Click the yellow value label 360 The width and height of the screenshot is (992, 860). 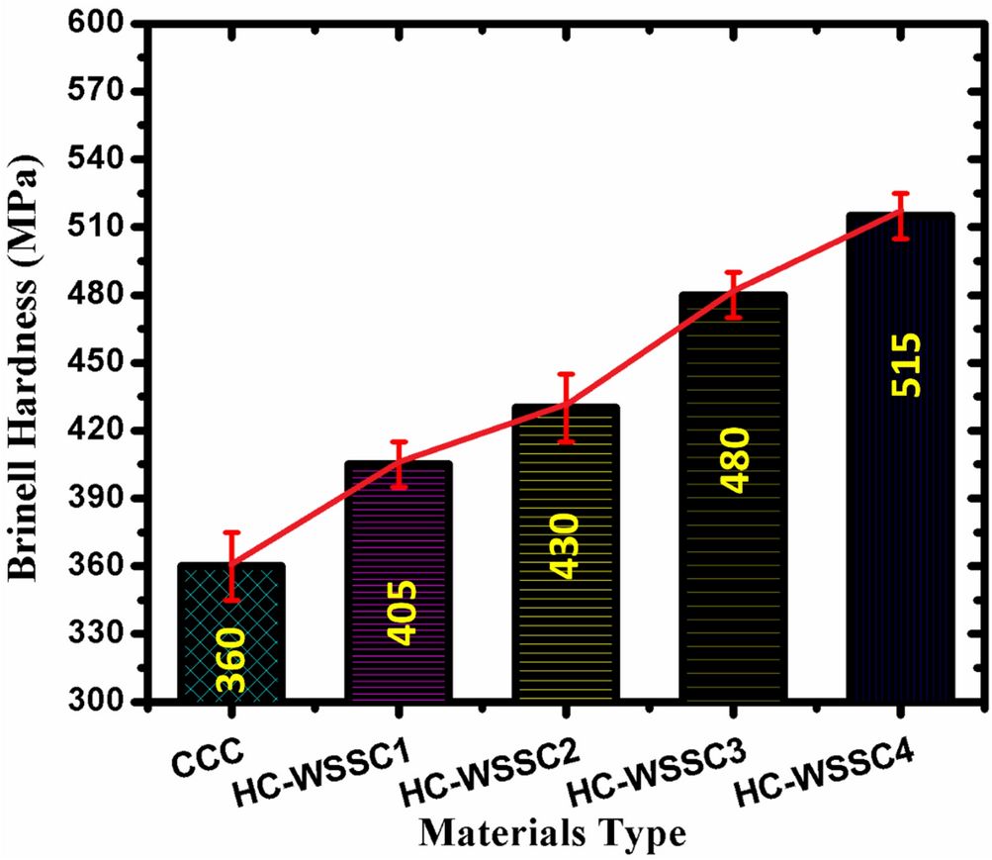click(231, 662)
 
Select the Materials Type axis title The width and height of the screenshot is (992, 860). click(551, 832)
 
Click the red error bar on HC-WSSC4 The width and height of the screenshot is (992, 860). click(900, 216)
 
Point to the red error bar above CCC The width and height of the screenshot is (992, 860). click(231, 566)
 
